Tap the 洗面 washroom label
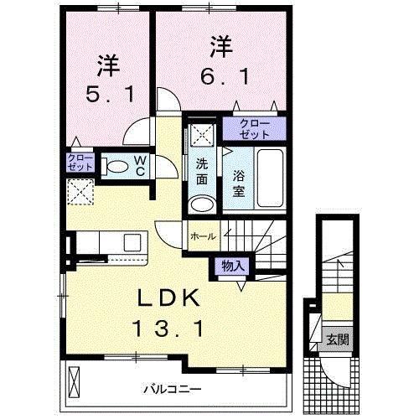201,172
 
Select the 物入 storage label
232,266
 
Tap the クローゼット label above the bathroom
253,129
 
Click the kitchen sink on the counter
132,242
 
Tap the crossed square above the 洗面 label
200,132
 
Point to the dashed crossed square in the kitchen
80,192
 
